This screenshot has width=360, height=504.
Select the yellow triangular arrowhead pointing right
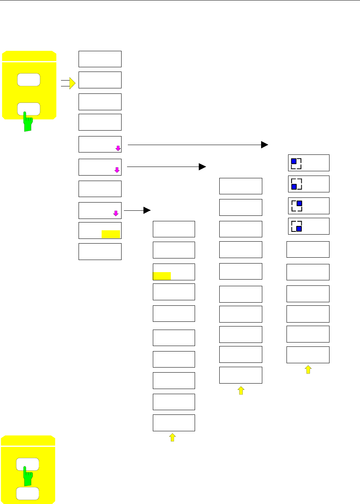72,83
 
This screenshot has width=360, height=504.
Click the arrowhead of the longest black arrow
265,145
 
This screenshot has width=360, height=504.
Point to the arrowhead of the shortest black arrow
147,210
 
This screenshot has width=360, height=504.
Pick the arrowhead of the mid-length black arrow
202,167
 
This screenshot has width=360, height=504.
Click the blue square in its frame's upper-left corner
294,161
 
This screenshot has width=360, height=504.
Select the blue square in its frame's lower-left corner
294,187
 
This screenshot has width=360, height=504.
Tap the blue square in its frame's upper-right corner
299,203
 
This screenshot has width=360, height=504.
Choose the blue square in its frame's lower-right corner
299,229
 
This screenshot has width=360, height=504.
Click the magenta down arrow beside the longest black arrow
118,148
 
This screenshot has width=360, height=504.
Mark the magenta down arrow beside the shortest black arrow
115,213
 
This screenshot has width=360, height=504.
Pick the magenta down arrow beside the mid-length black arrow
116,170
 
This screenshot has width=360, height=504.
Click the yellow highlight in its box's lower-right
111,234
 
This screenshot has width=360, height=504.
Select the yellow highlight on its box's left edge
162,276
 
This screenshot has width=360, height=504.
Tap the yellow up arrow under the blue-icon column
308,369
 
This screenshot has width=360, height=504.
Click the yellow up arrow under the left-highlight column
172,438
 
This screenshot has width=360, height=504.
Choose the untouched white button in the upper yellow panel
29,79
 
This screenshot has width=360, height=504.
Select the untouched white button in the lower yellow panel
27,493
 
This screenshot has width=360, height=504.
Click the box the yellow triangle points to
100,80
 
